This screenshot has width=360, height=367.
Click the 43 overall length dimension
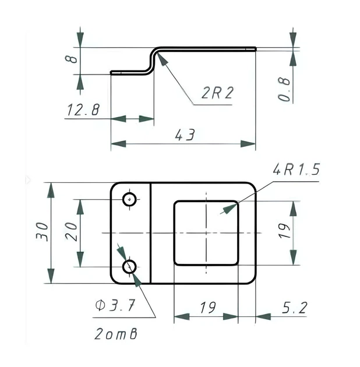click(185, 135)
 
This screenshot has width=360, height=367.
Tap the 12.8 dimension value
click(83, 110)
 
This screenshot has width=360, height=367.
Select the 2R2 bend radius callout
click(217, 93)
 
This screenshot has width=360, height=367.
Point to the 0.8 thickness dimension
click(284, 89)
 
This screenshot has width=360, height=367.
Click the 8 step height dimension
click(71, 59)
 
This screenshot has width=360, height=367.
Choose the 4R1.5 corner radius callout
click(296, 170)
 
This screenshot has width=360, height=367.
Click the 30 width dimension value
click(42, 232)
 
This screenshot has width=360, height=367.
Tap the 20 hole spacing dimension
click(71, 232)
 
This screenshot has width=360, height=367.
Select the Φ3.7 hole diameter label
click(115, 305)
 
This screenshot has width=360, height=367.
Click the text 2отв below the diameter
click(116, 334)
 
